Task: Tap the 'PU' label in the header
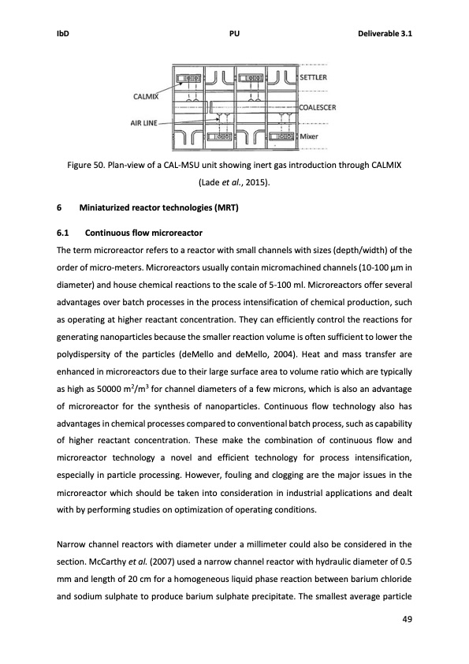(234, 34)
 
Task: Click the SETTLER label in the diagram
(315, 77)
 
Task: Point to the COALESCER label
(320, 106)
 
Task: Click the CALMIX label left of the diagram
(145, 97)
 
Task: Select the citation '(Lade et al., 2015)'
(234, 181)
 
